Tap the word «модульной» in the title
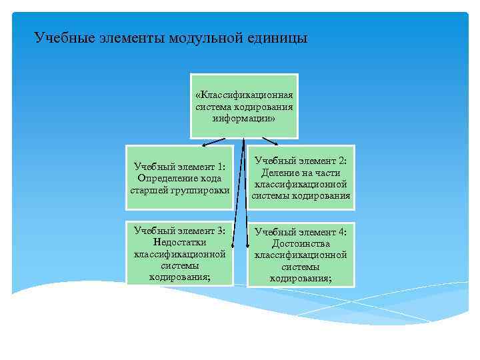207,38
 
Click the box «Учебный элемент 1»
180,177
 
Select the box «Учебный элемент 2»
301,177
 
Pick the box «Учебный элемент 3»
180,253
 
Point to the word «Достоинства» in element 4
301,243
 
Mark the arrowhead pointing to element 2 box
277,143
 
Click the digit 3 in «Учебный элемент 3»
222,231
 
